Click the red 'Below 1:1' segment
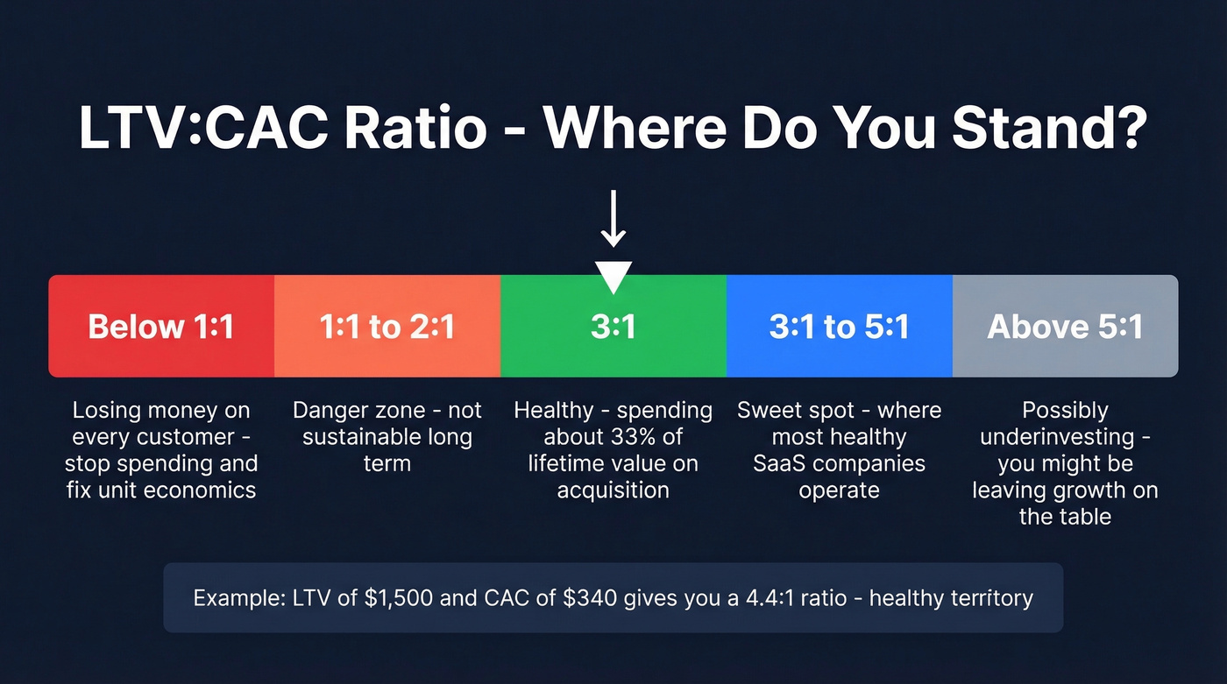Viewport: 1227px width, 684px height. (161, 327)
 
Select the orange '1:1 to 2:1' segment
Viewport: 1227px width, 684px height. (387, 327)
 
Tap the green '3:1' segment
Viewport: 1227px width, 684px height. (613, 327)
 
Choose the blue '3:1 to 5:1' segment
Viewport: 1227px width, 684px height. (839, 327)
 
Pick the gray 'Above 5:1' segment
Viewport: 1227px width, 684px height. (1065, 327)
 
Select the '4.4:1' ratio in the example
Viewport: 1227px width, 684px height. (760, 598)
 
